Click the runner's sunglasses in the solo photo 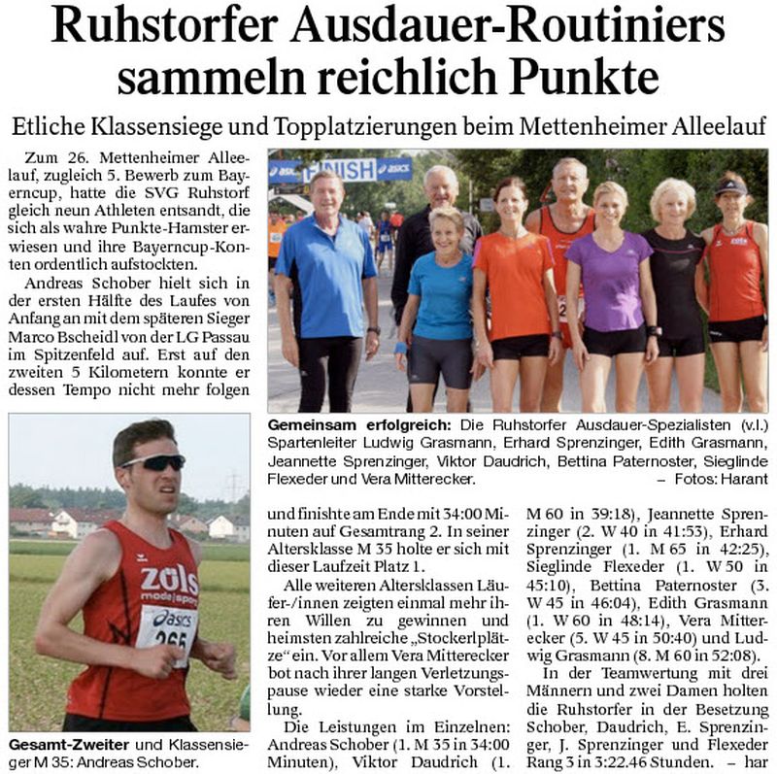coord(153,463)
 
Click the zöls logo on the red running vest coord(168,581)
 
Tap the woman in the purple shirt coord(610,282)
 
